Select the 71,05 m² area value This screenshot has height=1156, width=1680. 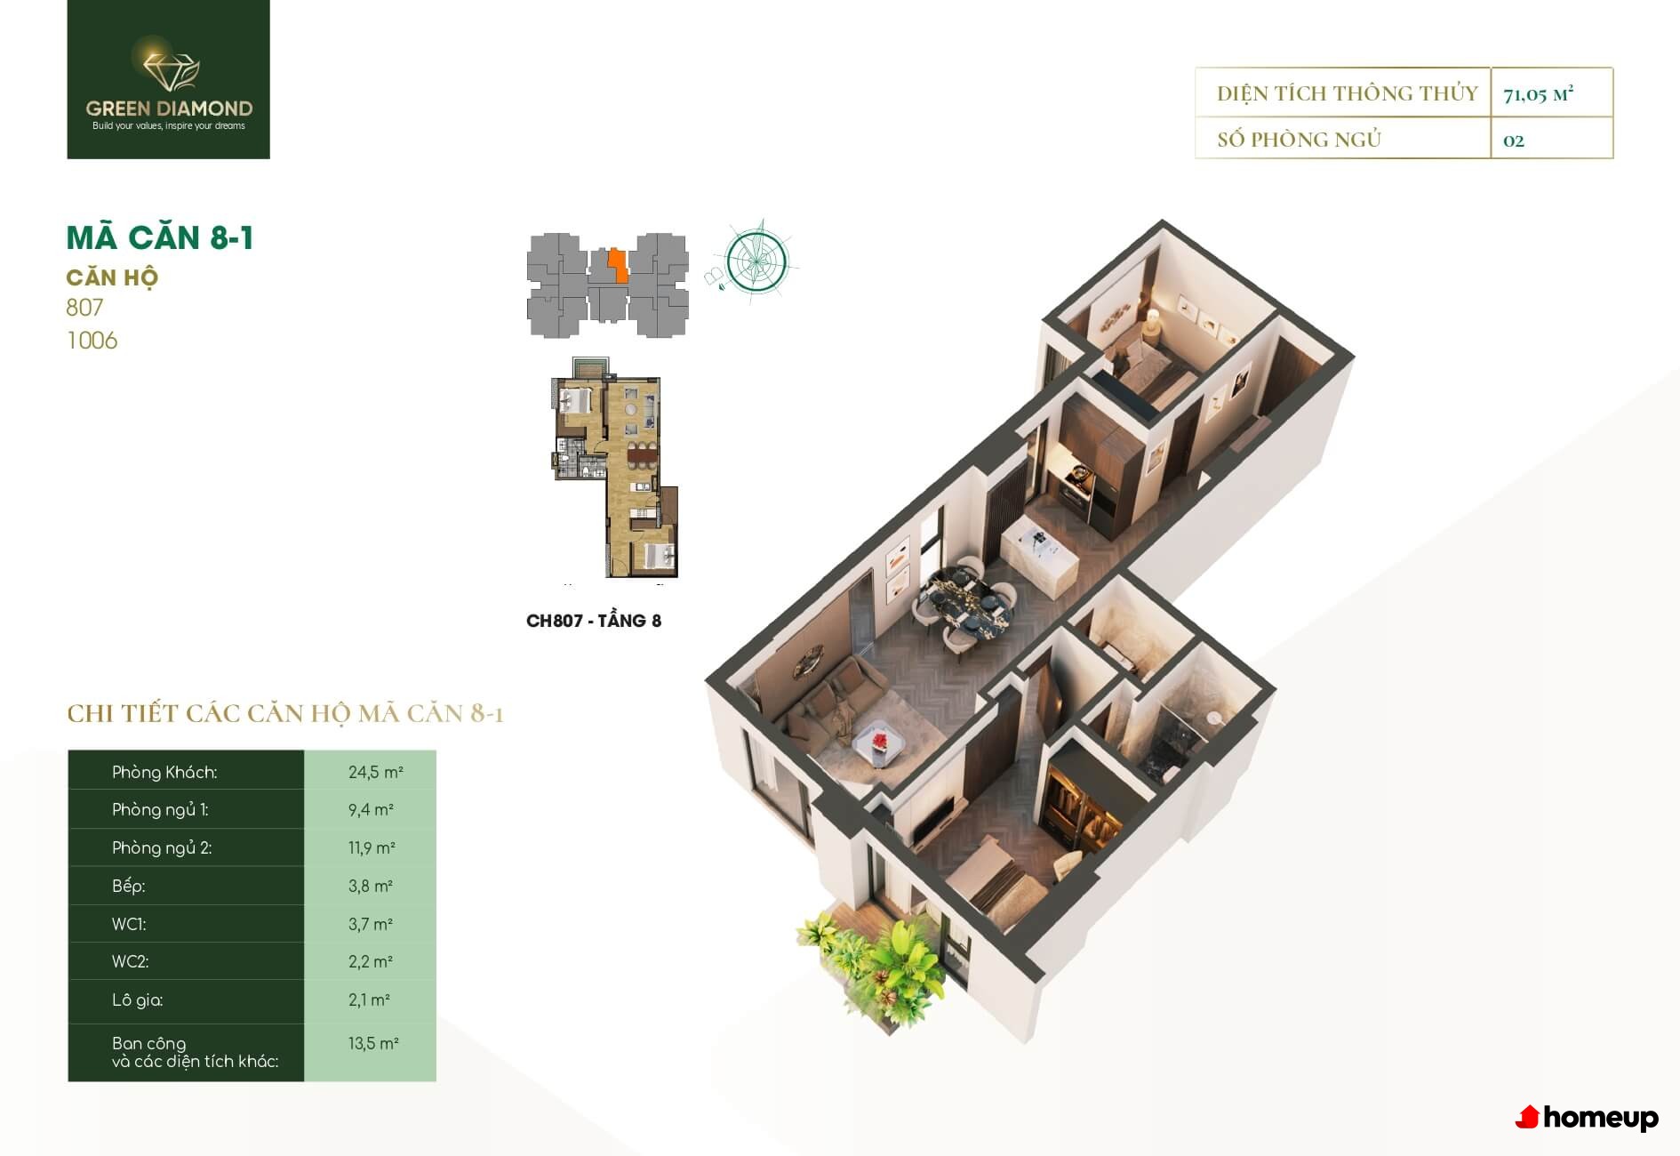[x=1538, y=93]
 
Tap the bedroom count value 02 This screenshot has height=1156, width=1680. [x=1513, y=140]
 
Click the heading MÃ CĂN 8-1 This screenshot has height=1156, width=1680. [x=160, y=237]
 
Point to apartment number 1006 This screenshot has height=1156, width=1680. [x=92, y=341]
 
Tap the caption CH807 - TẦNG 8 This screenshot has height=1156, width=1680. [x=594, y=621]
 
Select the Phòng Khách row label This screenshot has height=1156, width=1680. [x=164, y=772]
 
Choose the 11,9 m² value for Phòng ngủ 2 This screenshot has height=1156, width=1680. [x=372, y=847]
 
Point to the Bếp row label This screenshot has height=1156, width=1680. [x=128, y=886]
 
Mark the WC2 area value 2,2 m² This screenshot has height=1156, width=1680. [x=371, y=961]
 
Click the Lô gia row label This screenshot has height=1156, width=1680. [x=137, y=999]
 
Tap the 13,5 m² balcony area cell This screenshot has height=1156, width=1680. [x=373, y=1043]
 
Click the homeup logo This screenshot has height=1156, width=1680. [x=1587, y=1118]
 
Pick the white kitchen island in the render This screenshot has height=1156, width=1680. [x=1039, y=551]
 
